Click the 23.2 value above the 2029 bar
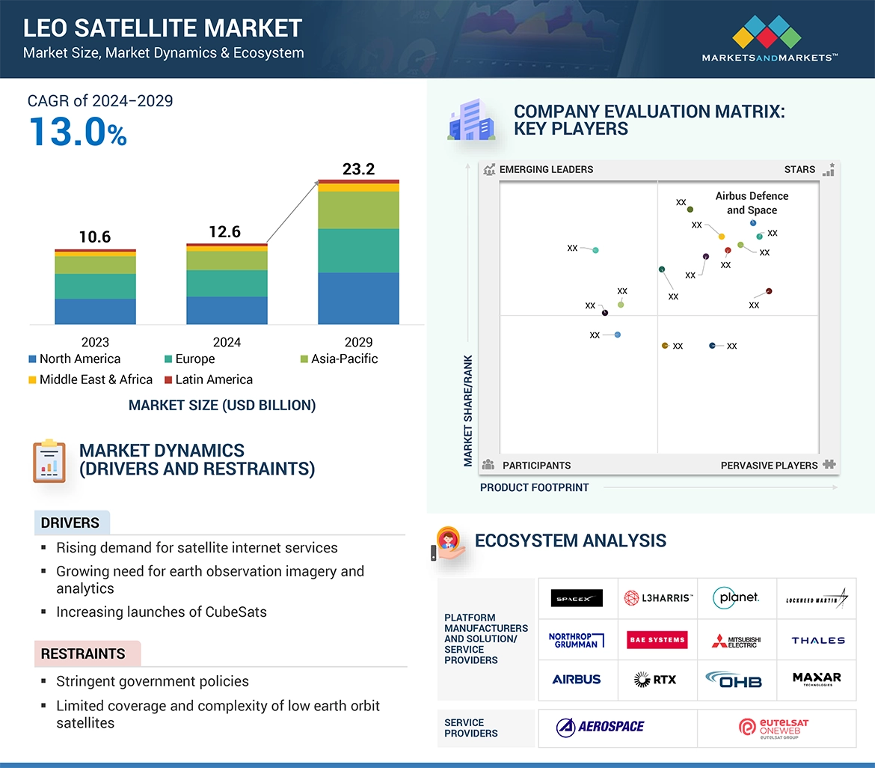(358, 169)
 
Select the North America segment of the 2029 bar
(358, 298)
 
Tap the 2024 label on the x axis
(227, 342)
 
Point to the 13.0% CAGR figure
(78, 132)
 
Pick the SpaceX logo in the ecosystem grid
(577, 598)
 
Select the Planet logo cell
(736, 597)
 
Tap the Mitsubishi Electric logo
(736, 641)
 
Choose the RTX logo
(655, 680)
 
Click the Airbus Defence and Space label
(752, 203)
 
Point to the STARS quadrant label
(799, 170)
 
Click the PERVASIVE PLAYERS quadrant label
(769, 466)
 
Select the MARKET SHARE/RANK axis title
(468, 410)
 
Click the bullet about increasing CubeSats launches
(161, 612)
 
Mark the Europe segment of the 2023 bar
(95, 286)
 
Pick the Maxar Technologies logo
(817, 679)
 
